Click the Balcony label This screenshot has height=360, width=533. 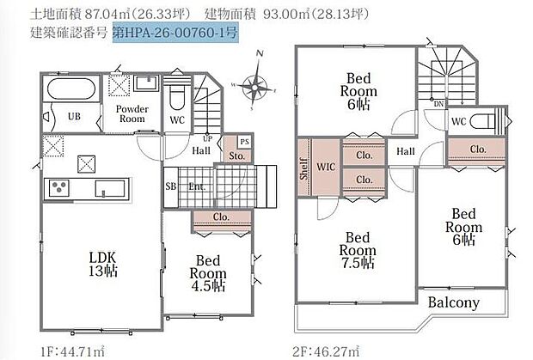465,302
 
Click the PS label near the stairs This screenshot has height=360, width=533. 244,141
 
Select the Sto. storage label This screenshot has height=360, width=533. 236,156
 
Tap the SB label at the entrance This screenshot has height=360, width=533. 170,186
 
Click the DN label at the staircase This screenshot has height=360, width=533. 438,104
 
